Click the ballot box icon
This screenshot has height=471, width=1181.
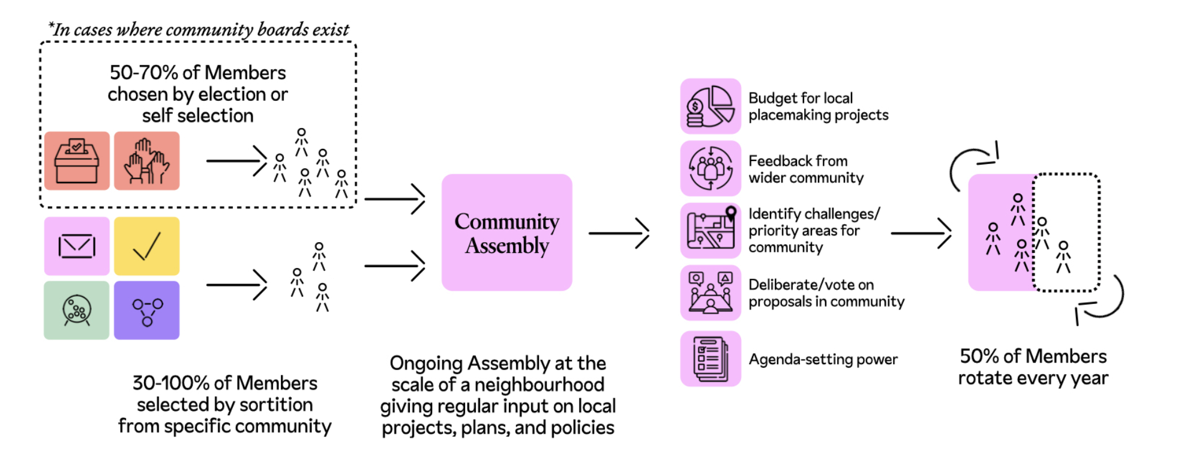[77, 161]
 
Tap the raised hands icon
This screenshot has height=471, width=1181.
[146, 161]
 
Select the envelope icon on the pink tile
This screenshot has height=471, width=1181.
[77, 246]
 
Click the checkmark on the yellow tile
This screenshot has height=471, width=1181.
[146, 246]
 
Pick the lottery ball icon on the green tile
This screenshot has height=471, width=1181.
[77, 311]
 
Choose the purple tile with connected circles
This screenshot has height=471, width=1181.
[146, 311]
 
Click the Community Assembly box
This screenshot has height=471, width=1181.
[506, 232]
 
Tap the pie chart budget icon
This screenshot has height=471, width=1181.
[711, 106]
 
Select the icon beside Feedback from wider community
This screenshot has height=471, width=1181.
[711, 168]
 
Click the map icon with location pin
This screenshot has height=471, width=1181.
[711, 231]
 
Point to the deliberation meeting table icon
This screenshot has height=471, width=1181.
[711, 293]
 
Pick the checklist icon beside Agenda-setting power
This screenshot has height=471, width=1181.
[711, 359]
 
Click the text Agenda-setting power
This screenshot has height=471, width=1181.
[823, 359]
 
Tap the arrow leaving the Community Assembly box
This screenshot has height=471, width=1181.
[619, 233]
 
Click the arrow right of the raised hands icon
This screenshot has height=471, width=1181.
[236, 161]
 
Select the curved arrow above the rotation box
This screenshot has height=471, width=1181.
[972, 162]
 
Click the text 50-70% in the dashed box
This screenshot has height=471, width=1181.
[143, 73]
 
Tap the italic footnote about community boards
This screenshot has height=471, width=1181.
[199, 29]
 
